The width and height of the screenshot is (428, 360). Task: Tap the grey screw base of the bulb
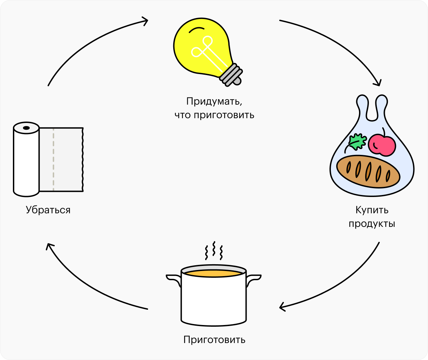pyautogui.click(x=231, y=75)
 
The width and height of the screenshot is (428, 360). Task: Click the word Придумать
pyautogui.click(x=214, y=101)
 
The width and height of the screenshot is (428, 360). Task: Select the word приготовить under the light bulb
pyautogui.click(x=224, y=115)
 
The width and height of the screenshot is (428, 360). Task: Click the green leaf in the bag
pyautogui.click(x=357, y=142)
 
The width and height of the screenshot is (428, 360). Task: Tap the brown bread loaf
pyautogui.click(x=368, y=172)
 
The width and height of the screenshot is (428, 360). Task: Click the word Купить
pyautogui.click(x=372, y=210)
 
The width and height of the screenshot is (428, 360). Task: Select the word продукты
pyautogui.click(x=372, y=224)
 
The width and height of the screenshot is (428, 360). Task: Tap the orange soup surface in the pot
pyautogui.click(x=213, y=273)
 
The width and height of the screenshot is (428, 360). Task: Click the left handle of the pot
pyautogui.click(x=173, y=279)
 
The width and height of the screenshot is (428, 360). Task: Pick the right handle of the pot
pyautogui.click(x=253, y=279)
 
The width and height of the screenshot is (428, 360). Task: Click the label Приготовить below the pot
pyautogui.click(x=214, y=340)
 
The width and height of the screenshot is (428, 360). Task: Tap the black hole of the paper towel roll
pyautogui.click(x=26, y=128)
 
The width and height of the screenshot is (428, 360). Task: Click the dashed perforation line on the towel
pyautogui.click(x=53, y=160)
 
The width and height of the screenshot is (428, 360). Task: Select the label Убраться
pyautogui.click(x=48, y=210)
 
